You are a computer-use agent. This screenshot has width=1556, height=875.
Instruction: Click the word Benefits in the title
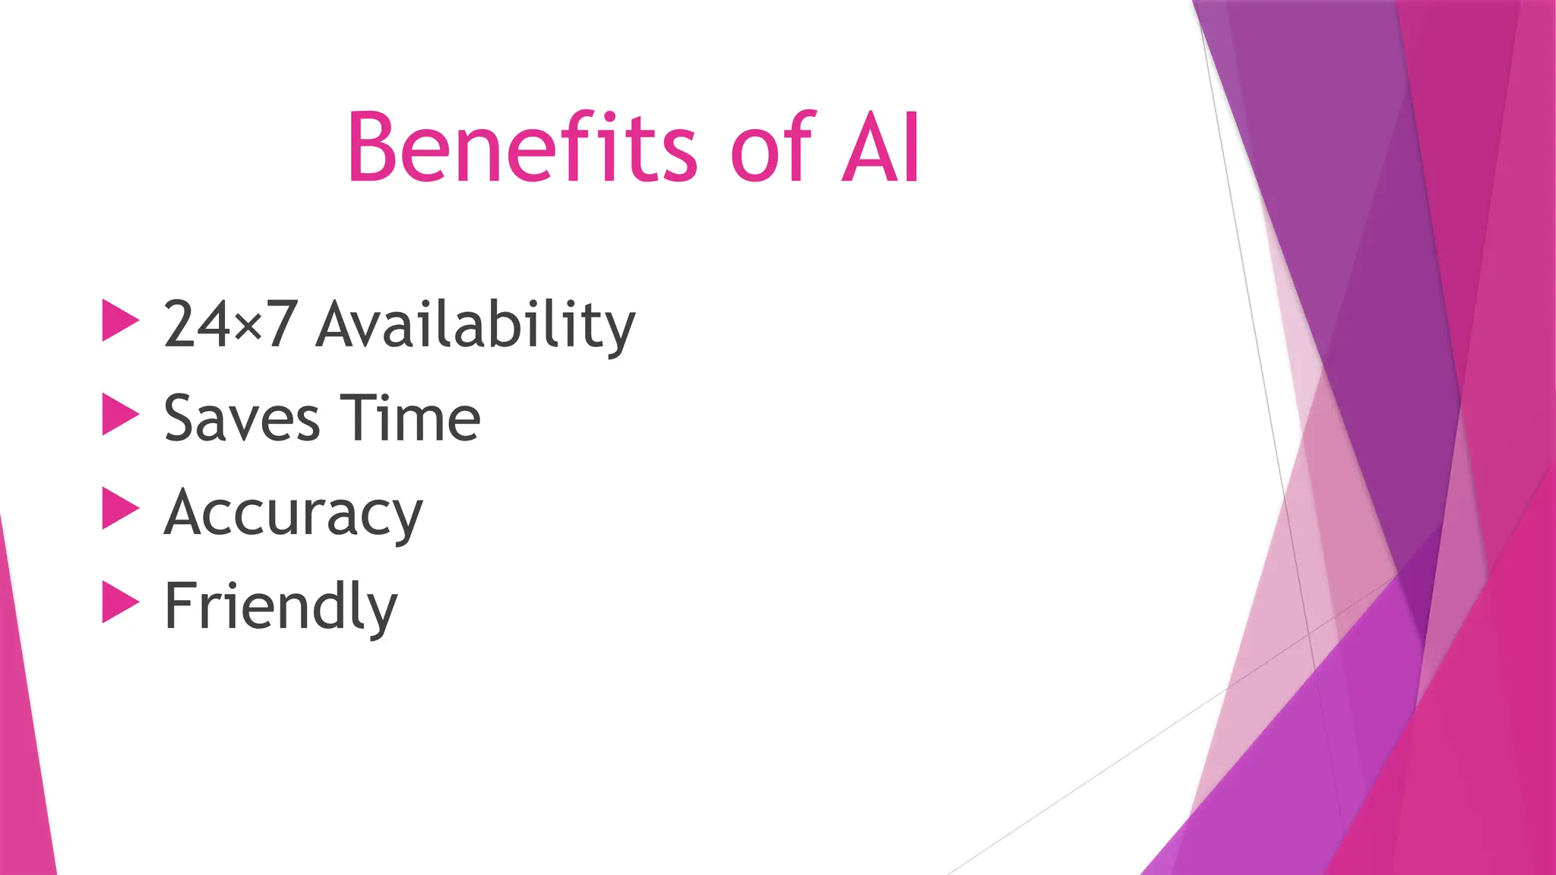point(521,147)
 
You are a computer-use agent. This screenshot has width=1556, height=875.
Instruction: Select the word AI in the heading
point(881,147)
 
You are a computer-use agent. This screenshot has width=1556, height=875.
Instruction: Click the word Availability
point(476,325)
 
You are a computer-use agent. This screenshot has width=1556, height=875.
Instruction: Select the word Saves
point(242,419)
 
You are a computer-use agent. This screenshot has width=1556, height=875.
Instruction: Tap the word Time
point(410,418)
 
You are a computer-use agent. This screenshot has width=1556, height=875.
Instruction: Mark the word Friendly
point(280,607)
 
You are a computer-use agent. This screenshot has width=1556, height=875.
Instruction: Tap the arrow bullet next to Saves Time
point(120,415)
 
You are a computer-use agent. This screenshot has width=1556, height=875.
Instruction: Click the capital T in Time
point(357,418)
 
